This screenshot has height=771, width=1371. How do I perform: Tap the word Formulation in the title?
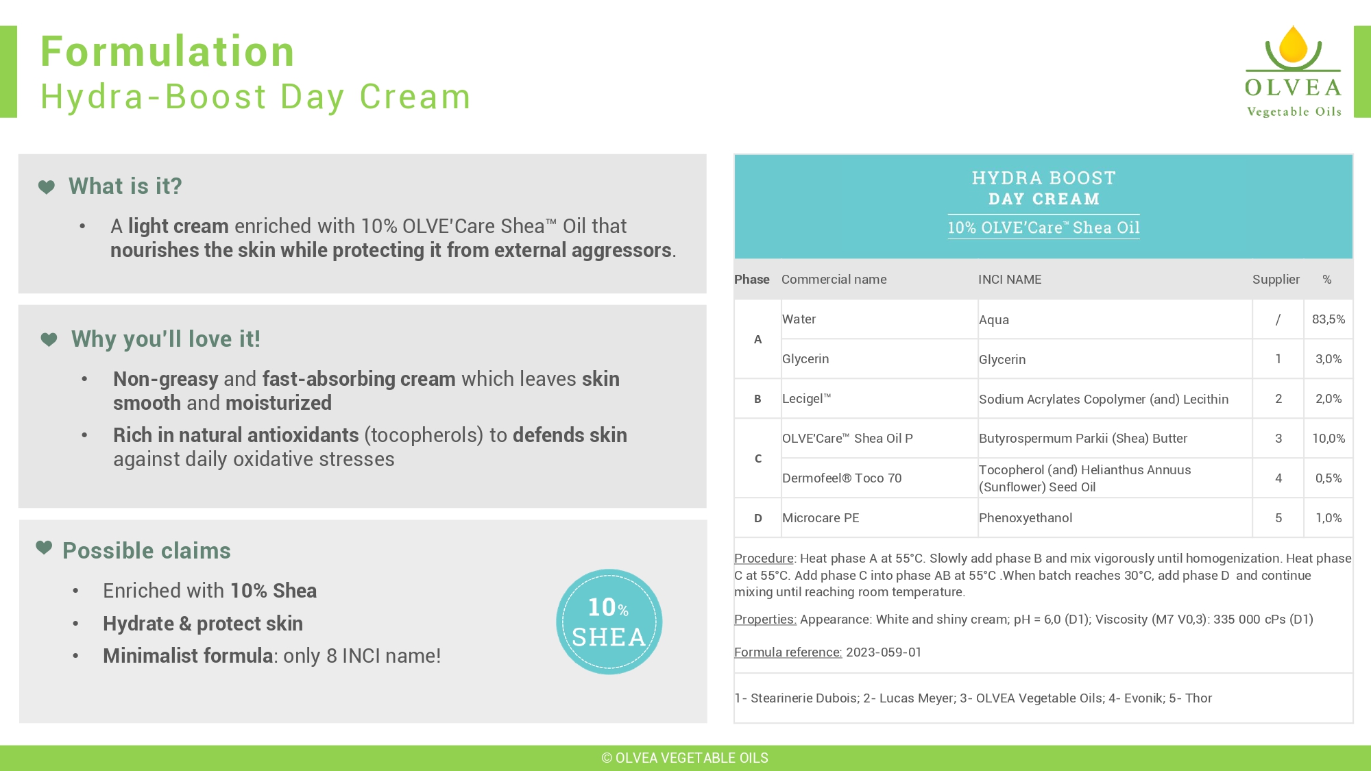(168, 51)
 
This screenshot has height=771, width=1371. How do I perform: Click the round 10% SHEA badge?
(609, 622)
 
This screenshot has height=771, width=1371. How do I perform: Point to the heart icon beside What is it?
(47, 186)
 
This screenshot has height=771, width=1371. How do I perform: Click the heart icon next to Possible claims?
(44, 547)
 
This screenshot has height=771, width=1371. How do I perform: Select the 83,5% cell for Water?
(1328, 319)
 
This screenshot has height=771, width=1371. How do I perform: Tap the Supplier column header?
(1276, 280)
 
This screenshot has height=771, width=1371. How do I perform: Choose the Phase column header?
(751, 280)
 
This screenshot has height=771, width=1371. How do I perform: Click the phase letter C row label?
(757, 458)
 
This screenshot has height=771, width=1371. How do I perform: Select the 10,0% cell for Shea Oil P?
(1328, 439)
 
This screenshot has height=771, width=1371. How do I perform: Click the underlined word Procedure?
(764, 559)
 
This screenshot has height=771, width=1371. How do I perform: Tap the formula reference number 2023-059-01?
(884, 652)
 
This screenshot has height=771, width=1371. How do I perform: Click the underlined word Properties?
(765, 620)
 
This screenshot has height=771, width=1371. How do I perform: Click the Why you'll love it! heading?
(166, 339)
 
